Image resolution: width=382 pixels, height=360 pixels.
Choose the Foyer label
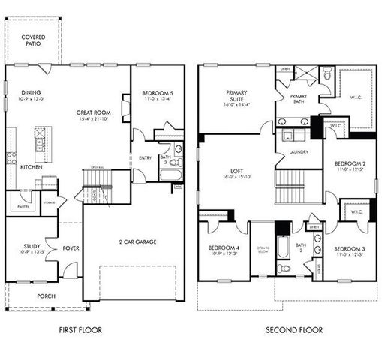click(x=71, y=247)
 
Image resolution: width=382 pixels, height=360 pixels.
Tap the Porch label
click(x=47, y=295)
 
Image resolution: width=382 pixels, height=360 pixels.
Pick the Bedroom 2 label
click(x=350, y=163)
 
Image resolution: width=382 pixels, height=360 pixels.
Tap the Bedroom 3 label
click(x=350, y=248)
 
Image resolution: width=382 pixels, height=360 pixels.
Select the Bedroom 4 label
click(x=223, y=248)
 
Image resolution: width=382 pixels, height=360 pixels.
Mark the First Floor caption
click(x=80, y=329)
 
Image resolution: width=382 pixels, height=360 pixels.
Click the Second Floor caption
click(x=294, y=329)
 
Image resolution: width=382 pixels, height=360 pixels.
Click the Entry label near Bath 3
click(x=145, y=158)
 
